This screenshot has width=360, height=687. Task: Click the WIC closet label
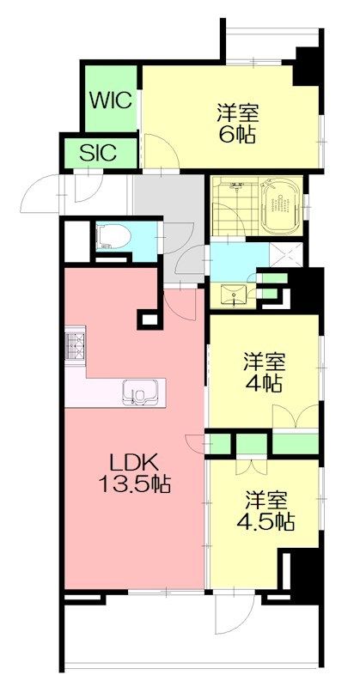pyautogui.click(x=111, y=100)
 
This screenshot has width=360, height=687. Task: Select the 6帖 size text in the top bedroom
pyautogui.click(x=236, y=136)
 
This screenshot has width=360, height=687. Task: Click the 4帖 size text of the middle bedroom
pyautogui.click(x=263, y=384)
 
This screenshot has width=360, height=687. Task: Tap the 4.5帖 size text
pyautogui.click(x=267, y=521)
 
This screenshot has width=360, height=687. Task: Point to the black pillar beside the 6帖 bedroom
pyautogui.click(x=307, y=65)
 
